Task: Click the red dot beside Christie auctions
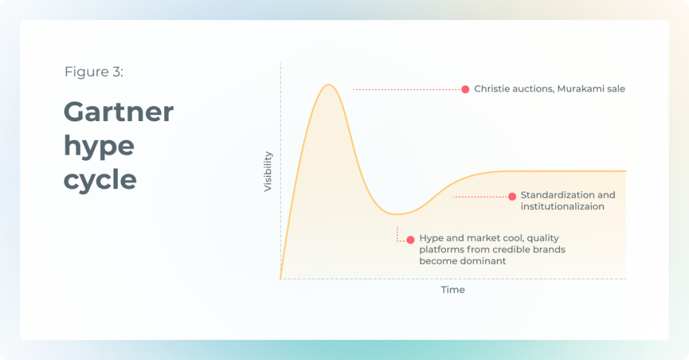pos(466,89)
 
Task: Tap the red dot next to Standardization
pos(512,196)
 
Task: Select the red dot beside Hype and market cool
pos(410,240)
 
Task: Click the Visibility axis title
pos(268,172)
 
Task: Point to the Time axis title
pos(453,289)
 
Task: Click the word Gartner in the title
pos(118,112)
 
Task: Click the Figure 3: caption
pos(94,71)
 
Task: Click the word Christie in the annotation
pos(491,89)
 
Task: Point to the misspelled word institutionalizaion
pos(563,207)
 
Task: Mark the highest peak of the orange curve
pos(328,85)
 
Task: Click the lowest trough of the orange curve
pos(396,214)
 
